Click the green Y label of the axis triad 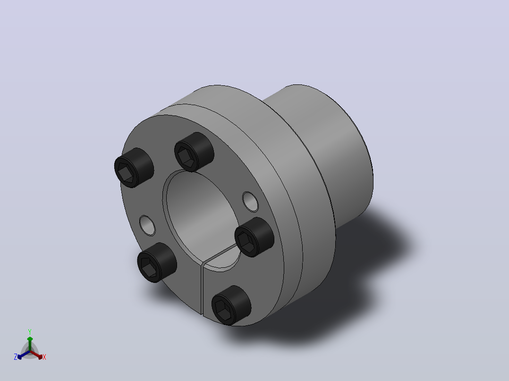[x=30, y=332]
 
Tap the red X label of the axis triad [x=44, y=357]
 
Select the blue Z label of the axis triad [x=16, y=357]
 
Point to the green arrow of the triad [x=30, y=344]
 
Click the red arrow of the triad [x=36, y=355]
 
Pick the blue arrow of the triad [x=24, y=355]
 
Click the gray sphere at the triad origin [x=30, y=351]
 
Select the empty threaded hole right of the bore [x=250, y=201]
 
